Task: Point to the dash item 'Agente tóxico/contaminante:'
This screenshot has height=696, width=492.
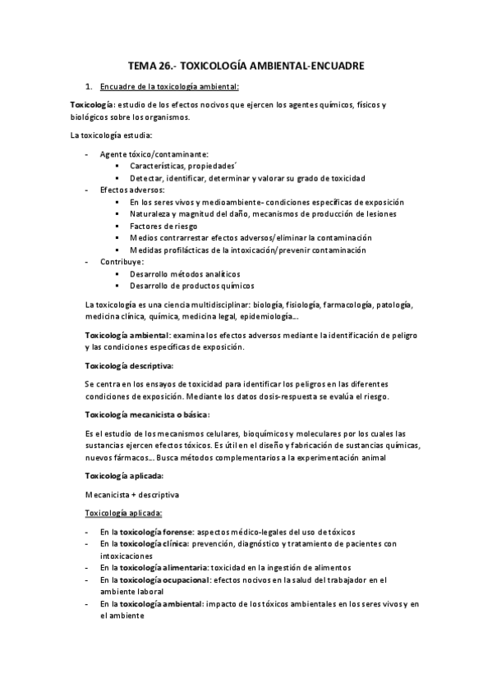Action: pos(153,153)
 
